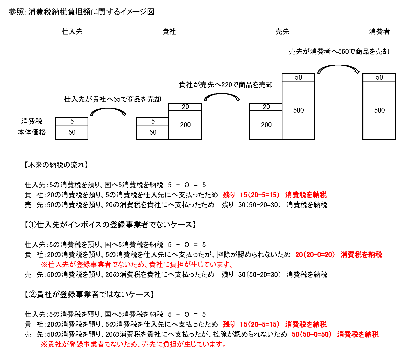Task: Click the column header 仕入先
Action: pyautogui.click(x=72, y=31)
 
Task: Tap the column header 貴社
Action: pyautogui.click(x=169, y=31)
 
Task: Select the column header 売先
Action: pyautogui.click(x=282, y=31)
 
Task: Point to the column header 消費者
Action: pyautogui.click(x=379, y=31)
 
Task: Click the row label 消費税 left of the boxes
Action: pyautogui.click(x=32, y=121)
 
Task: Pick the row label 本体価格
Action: pyautogui.click(x=32, y=132)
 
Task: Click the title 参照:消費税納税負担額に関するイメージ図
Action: pyautogui.click(x=81, y=12)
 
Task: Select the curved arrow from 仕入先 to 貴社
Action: pyautogui.click(x=108, y=109)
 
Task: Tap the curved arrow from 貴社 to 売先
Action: pyautogui.click(x=222, y=94)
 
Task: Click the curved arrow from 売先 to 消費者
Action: pyautogui.click(x=338, y=66)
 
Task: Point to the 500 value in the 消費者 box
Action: pyautogui.click(x=379, y=110)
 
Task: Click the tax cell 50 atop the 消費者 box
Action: pyautogui.click(x=379, y=77)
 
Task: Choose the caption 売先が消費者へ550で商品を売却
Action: pyautogui.click(x=339, y=51)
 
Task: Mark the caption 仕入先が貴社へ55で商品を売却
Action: pyautogui.click(x=113, y=99)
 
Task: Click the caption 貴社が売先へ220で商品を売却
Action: pyautogui.click(x=226, y=85)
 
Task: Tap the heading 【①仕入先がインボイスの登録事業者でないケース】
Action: pyautogui.click(x=110, y=225)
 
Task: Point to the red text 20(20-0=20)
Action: pyautogui.click(x=315, y=254)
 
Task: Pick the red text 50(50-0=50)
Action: pyautogui.click(x=312, y=334)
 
